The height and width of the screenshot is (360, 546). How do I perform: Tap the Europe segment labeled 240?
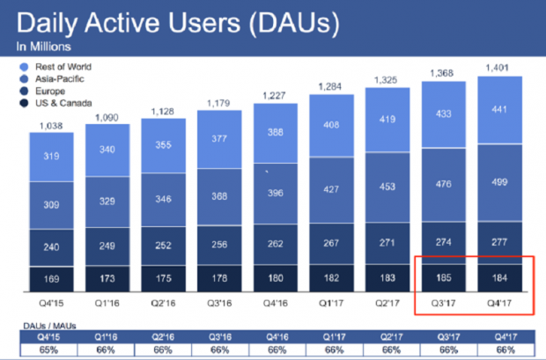pos(51,247)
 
